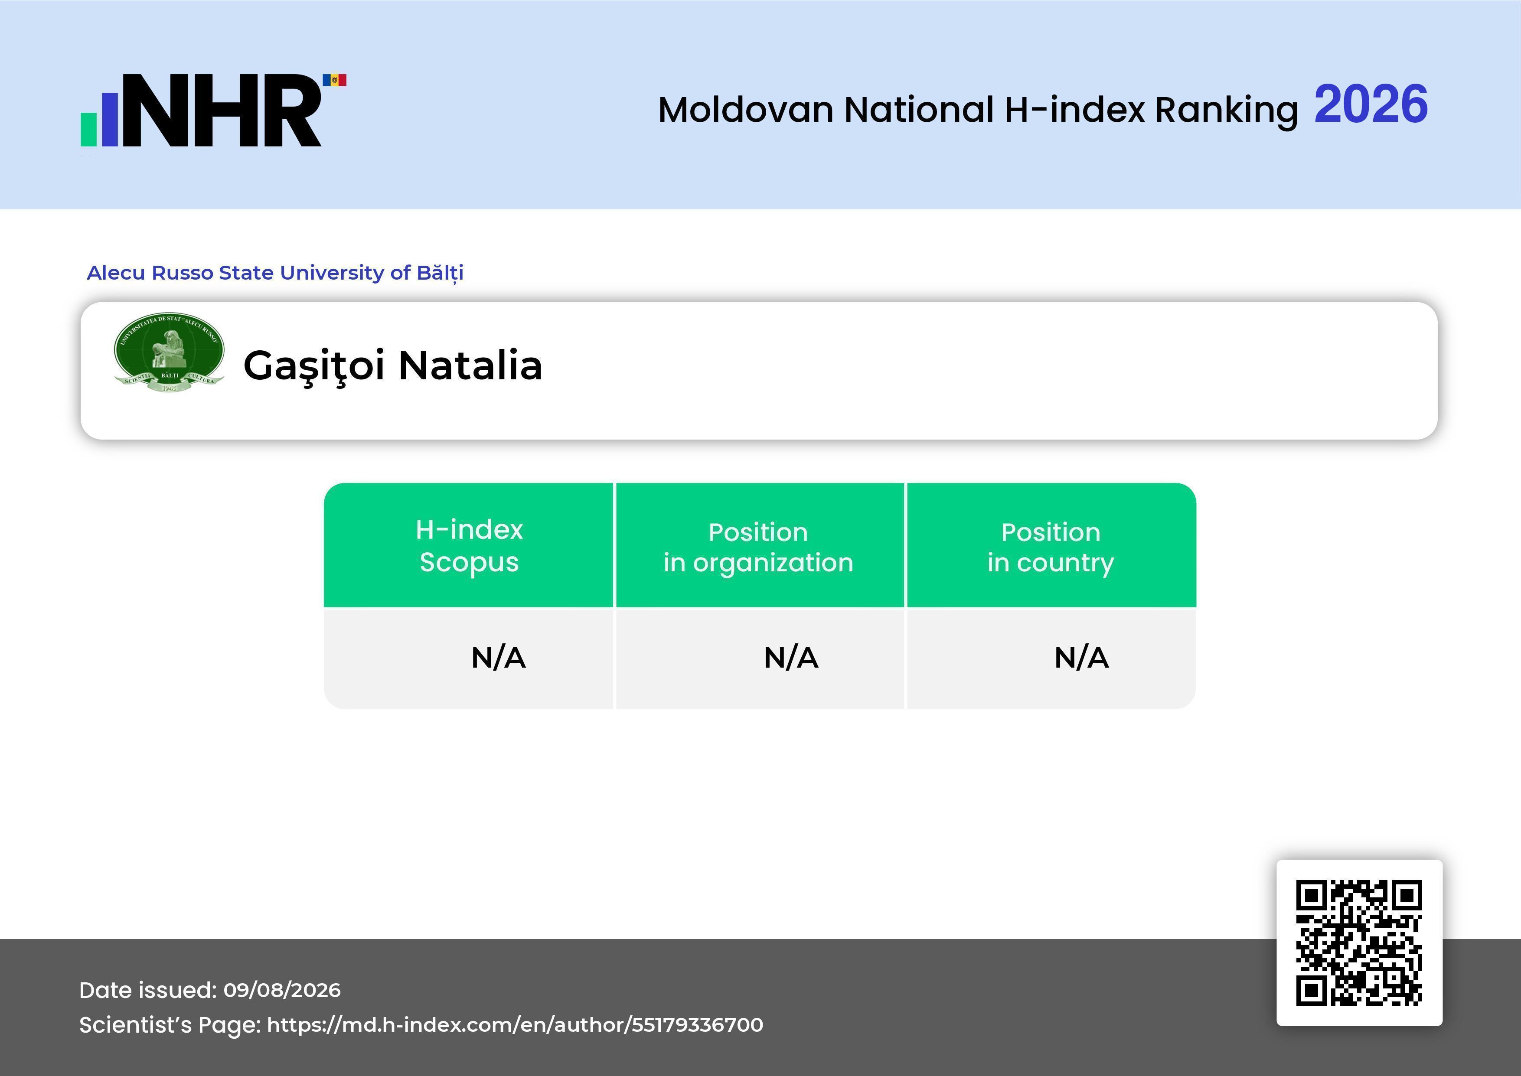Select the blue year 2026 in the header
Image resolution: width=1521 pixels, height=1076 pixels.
1371,104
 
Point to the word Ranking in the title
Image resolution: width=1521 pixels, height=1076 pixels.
1226,111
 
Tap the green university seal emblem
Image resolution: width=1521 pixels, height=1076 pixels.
169,352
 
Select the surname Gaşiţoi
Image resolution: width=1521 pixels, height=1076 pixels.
314,366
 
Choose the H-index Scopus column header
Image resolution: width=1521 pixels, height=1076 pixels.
469,545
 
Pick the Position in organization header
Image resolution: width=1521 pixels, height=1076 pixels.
758,547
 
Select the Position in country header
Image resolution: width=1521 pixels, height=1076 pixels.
1051,547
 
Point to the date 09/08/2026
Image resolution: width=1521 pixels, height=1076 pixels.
282,990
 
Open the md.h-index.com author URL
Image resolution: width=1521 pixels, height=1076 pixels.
515,1025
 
